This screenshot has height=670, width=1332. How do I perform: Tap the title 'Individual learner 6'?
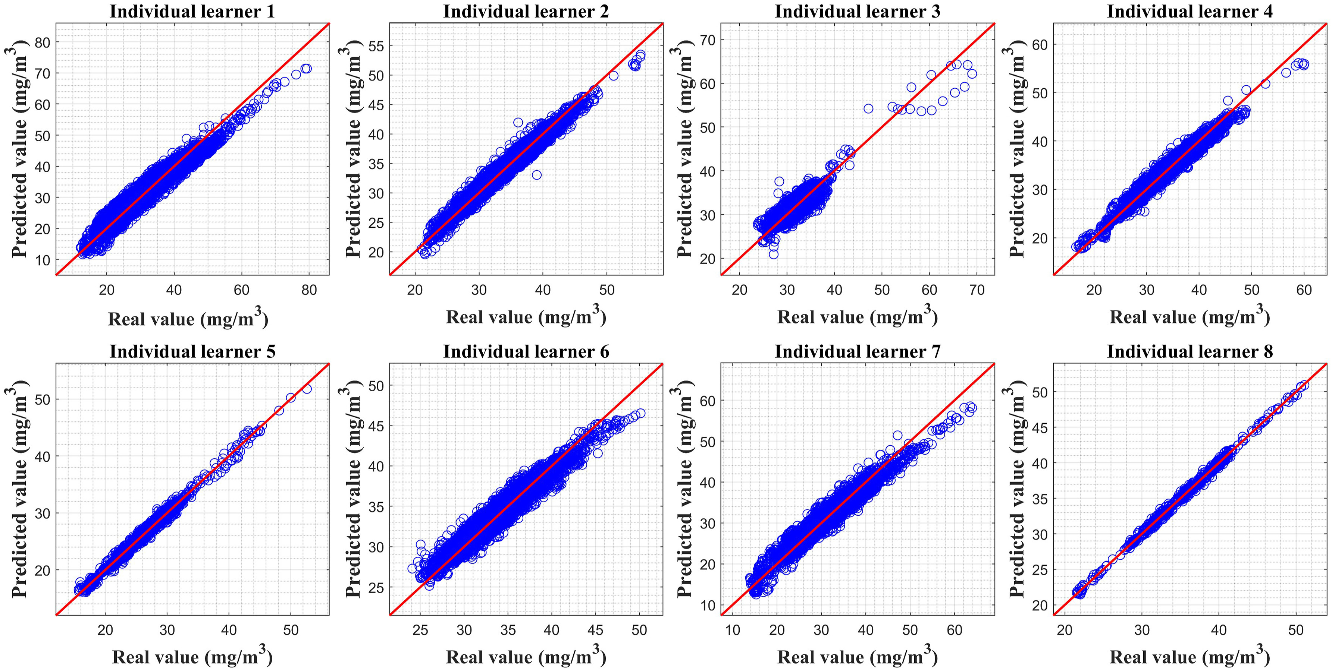526,351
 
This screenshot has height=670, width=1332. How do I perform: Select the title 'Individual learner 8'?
1189,351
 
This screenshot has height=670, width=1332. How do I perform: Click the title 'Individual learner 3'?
857,11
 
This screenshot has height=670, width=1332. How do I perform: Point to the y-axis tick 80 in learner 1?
43,42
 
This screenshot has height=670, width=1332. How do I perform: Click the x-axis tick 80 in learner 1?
309,290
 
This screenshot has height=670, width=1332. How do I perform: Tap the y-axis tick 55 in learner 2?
376,46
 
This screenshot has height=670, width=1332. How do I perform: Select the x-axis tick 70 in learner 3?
977,290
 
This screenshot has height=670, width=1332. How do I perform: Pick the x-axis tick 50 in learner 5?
291,630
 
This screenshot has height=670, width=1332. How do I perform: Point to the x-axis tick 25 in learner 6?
420,630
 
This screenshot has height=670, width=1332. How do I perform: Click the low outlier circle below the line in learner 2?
537,175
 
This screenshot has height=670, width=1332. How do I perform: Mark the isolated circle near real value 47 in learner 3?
868,108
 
